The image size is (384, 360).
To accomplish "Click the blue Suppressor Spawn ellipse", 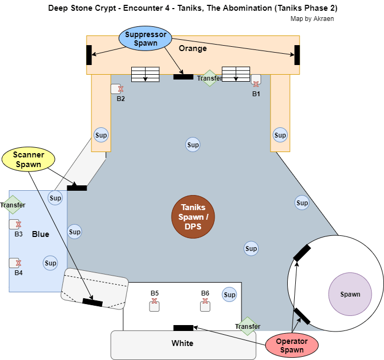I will coord(145,39).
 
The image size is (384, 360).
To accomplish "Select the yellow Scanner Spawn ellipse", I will coord(29,160).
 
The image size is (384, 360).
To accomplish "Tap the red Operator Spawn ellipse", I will coord(291,345).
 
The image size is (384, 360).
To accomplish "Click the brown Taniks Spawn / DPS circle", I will coord(193,216).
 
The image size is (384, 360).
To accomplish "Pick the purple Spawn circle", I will coord(350,294).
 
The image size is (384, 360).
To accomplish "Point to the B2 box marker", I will coord(116,89).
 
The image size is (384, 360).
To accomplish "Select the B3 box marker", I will coord(15,225).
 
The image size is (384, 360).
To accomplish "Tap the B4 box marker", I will coord(15,263).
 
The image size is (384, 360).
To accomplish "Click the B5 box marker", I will coord(154,306).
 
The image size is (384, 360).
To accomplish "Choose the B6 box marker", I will coord(205,306).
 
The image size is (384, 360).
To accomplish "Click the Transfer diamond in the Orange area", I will coord(209,78).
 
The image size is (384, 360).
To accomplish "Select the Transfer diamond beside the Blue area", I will coord(13,205).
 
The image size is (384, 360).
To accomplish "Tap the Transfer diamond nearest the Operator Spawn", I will coord(248,326).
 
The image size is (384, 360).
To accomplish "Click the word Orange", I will coord(193,49).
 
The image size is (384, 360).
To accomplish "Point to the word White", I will coord(182,343).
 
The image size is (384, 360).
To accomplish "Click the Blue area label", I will coord(40,234).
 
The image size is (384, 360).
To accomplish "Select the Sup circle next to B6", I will coord(230,295).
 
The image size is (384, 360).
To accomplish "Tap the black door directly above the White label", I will coord(183,328).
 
